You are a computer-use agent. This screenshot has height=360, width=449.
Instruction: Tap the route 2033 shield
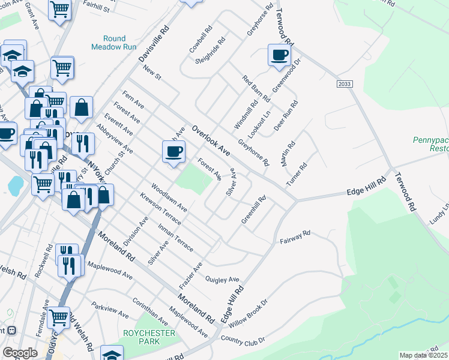coord(344,85)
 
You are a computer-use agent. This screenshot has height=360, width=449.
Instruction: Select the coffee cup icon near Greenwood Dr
coord(279,55)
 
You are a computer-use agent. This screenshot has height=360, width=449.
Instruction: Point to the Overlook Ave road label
coord(211,140)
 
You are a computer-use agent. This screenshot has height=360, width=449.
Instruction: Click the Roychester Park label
coord(148,337)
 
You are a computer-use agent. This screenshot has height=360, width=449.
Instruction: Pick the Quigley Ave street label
coord(222,280)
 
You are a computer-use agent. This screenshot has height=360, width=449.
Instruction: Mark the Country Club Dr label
coord(243,341)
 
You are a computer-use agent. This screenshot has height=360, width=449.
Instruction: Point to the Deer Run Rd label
coord(289,111)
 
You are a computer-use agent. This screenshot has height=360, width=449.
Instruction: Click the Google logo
coord(20,353)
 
